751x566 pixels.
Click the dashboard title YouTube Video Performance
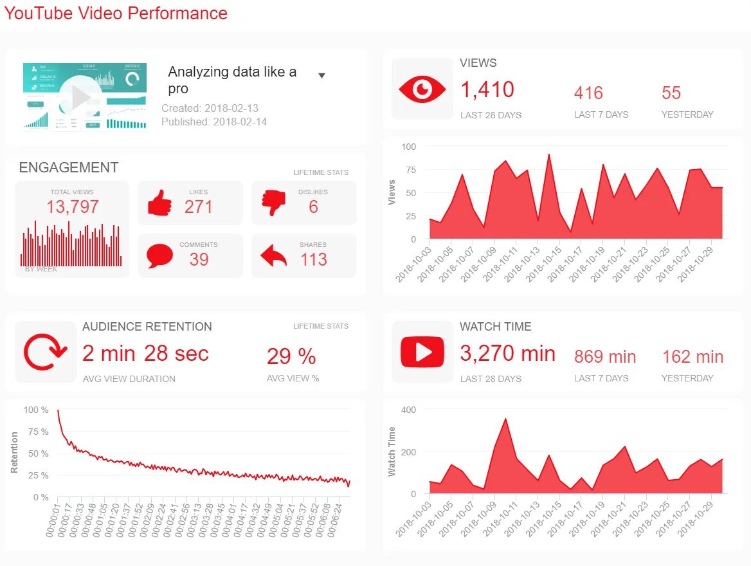(x=116, y=13)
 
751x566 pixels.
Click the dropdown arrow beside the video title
(x=321, y=75)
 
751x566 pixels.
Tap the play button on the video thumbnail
(x=81, y=96)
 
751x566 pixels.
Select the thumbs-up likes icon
(x=159, y=204)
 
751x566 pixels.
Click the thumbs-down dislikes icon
(x=273, y=204)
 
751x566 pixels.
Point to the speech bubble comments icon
(x=159, y=256)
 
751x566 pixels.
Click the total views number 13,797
(x=72, y=206)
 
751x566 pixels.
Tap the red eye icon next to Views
(x=422, y=89)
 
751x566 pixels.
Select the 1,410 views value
(x=487, y=90)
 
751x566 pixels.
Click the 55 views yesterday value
(x=671, y=93)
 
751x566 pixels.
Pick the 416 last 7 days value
(x=588, y=93)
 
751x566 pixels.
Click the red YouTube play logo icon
(x=422, y=352)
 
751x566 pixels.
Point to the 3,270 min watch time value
(x=507, y=353)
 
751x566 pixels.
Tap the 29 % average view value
(x=291, y=356)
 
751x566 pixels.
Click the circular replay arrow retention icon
(x=45, y=352)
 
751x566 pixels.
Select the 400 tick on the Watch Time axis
(x=408, y=410)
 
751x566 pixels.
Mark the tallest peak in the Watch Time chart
(x=506, y=419)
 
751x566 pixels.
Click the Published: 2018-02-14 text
(x=213, y=122)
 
